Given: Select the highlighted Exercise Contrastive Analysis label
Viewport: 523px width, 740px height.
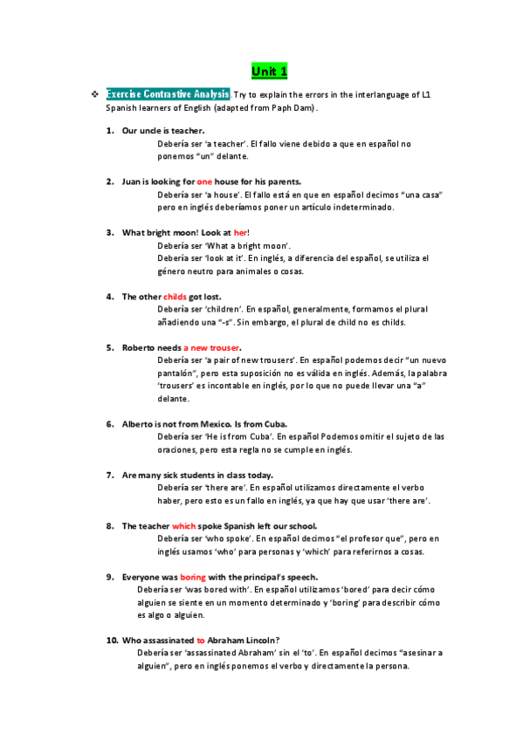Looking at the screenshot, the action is [168, 93].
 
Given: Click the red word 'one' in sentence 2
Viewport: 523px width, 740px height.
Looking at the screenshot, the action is [204, 182].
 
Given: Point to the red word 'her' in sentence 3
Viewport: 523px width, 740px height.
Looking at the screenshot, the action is [241, 233].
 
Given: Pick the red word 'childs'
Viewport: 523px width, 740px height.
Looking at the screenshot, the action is [175, 297].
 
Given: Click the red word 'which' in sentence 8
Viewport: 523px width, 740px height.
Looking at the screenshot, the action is [183, 526].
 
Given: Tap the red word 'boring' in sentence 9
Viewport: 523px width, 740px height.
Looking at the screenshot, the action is [192, 577].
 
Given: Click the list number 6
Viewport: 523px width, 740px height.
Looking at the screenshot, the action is [110, 424].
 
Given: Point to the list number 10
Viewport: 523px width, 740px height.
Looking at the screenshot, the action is [112, 640].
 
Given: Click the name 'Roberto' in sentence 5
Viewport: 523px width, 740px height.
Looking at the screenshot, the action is [139, 347].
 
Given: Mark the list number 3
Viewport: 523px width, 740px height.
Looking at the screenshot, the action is [110, 233].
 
